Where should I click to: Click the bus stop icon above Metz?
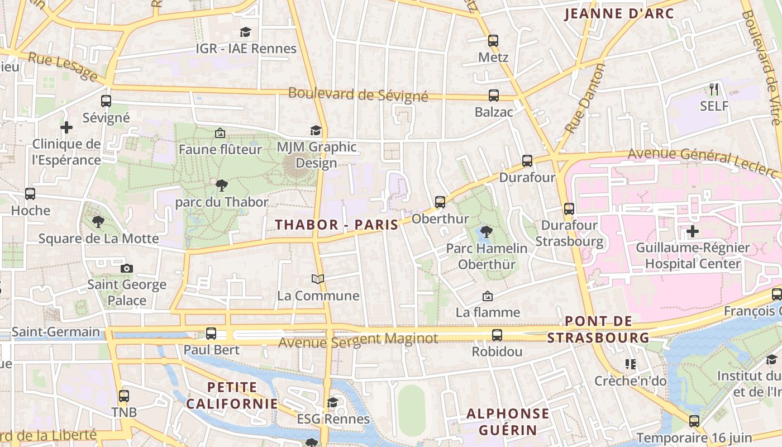point(493,41)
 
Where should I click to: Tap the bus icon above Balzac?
point(494,96)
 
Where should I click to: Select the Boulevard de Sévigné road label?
point(358,94)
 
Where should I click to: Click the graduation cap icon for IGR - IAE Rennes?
point(245,32)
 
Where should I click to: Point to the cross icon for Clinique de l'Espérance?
point(66,127)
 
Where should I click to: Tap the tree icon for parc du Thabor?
point(222,185)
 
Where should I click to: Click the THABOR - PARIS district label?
point(337,225)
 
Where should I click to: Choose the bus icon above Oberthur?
point(440,202)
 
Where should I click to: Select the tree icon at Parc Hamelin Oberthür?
point(487,231)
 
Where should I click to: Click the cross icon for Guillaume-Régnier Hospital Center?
point(693,231)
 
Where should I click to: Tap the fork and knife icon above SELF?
point(714,89)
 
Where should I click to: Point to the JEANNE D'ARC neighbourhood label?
point(619,14)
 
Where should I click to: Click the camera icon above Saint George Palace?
point(127,268)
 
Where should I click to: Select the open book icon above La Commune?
point(318,279)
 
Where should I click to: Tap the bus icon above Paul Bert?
point(211,334)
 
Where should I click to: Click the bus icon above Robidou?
point(497,335)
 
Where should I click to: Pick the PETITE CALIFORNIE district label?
point(232,395)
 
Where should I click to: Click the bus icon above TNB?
point(124,396)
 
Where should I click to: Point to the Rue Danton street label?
point(585,98)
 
